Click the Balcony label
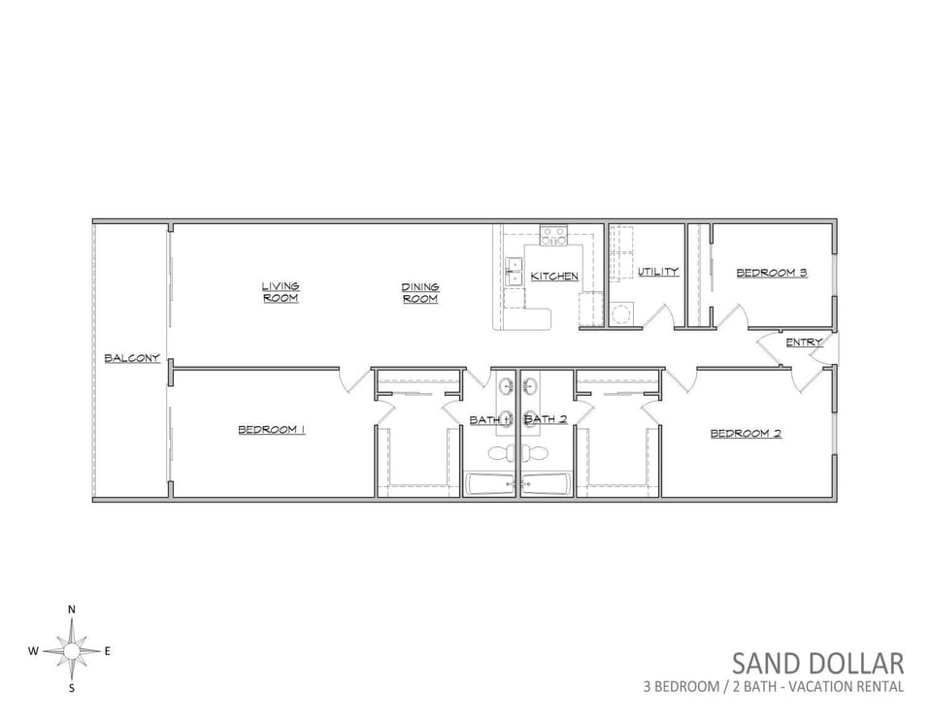tap(132, 358)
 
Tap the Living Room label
tap(281, 292)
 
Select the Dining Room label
tap(420, 293)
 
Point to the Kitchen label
tap(554, 277)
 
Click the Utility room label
tap(658, 272)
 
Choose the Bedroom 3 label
tap(772, 274)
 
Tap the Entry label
tap(804, 343)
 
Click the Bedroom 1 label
tap(272, 430)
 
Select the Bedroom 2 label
tap(746, 434)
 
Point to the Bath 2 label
tap(546, 419)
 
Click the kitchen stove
tap(553, 236)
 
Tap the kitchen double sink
tap(513, 272)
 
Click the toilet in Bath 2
tap(536, 454)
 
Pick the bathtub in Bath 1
tap(491, 485)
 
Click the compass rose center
tap(71, 652)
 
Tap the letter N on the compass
tap(72, 609)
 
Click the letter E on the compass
tap(108, 651)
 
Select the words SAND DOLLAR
tap(817, 663)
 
